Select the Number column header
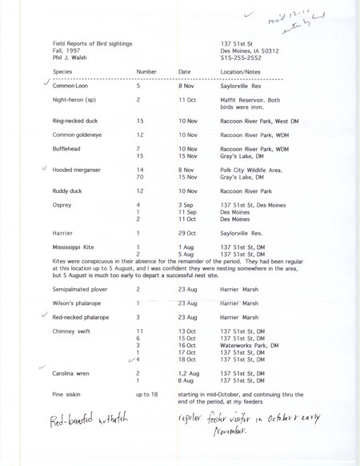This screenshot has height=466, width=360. coord(145,71)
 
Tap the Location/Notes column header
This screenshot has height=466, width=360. coord(244,71)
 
